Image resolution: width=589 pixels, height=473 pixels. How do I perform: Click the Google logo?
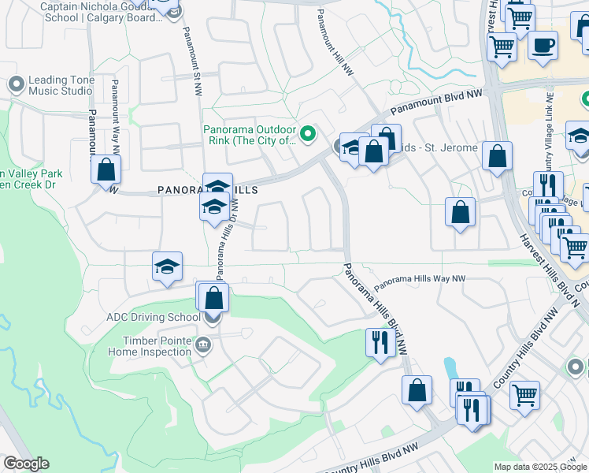[x=27, y=464]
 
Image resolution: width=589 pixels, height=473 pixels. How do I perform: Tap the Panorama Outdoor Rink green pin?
[x=309, y=133]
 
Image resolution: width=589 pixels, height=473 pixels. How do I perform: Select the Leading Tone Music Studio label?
[x=60, y=85]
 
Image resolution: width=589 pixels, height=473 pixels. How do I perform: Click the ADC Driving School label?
[x=154, y=318]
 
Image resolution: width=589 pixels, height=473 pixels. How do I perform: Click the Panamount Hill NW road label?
[x=335, y=44]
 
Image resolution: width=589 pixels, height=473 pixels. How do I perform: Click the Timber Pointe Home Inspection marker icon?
[x=203, y=344]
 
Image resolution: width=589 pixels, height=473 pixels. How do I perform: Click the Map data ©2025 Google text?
[x=539, y=467]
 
